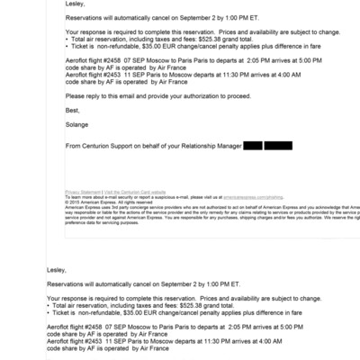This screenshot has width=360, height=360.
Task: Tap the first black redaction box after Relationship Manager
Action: (252, 145)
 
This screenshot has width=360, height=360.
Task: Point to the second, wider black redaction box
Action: (278, 145)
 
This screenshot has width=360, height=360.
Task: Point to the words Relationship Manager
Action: (212, 145)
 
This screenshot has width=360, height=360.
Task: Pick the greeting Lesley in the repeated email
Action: (57, 267)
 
